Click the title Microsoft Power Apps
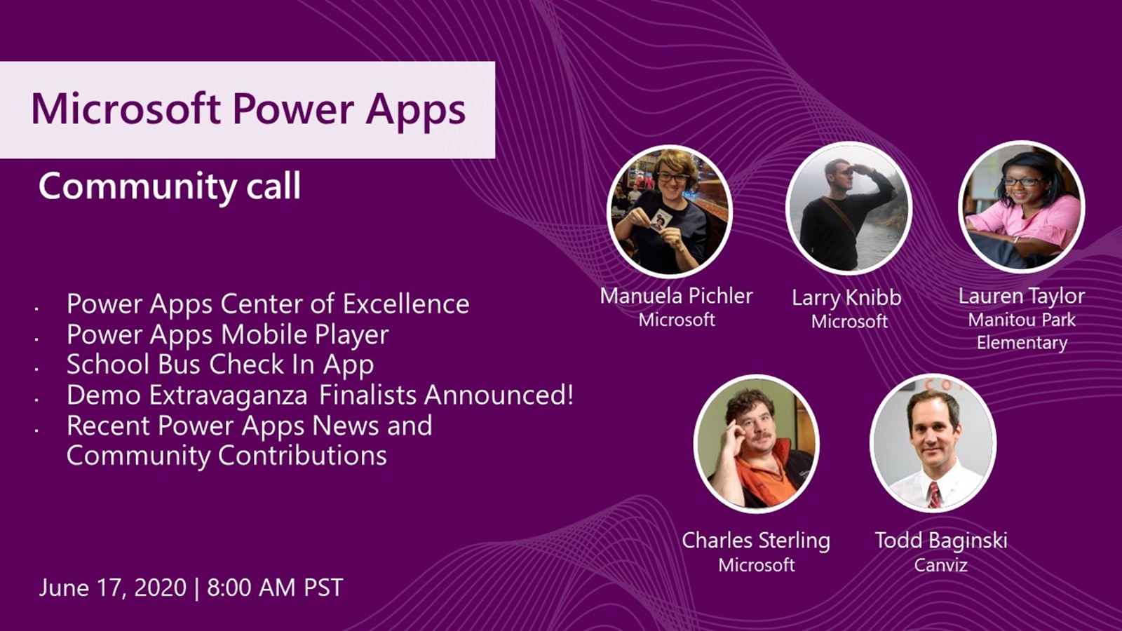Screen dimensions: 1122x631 point(248,110)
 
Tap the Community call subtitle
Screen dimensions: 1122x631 point(170,186)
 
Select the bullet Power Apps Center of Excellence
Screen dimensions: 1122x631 point(268,304)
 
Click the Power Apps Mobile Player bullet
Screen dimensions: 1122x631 point(227,334)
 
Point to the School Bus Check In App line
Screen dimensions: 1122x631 point(220,365)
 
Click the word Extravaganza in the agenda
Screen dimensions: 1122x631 point(229,395)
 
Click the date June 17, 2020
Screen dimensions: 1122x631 point(113,588)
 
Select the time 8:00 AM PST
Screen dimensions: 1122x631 point(275,588)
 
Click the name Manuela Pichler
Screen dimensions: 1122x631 point(676,296)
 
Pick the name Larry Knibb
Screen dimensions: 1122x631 point(846,298)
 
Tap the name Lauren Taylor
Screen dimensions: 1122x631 point(1021,296)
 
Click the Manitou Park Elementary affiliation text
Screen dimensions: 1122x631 point(1022,332)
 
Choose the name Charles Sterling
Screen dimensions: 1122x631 point(756,541)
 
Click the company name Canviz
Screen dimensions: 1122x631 point(940,565)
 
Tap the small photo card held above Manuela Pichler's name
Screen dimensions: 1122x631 point(660,219)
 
